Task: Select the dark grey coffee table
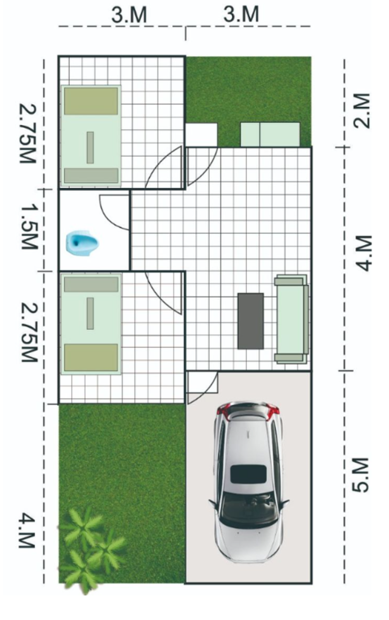coord(251,321)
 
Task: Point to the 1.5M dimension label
coord(29,227)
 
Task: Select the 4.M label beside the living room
coord(363,253)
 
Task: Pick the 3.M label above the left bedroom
coord(129,15)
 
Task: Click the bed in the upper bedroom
coord(90,135)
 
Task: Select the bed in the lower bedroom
coord(90,324)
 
